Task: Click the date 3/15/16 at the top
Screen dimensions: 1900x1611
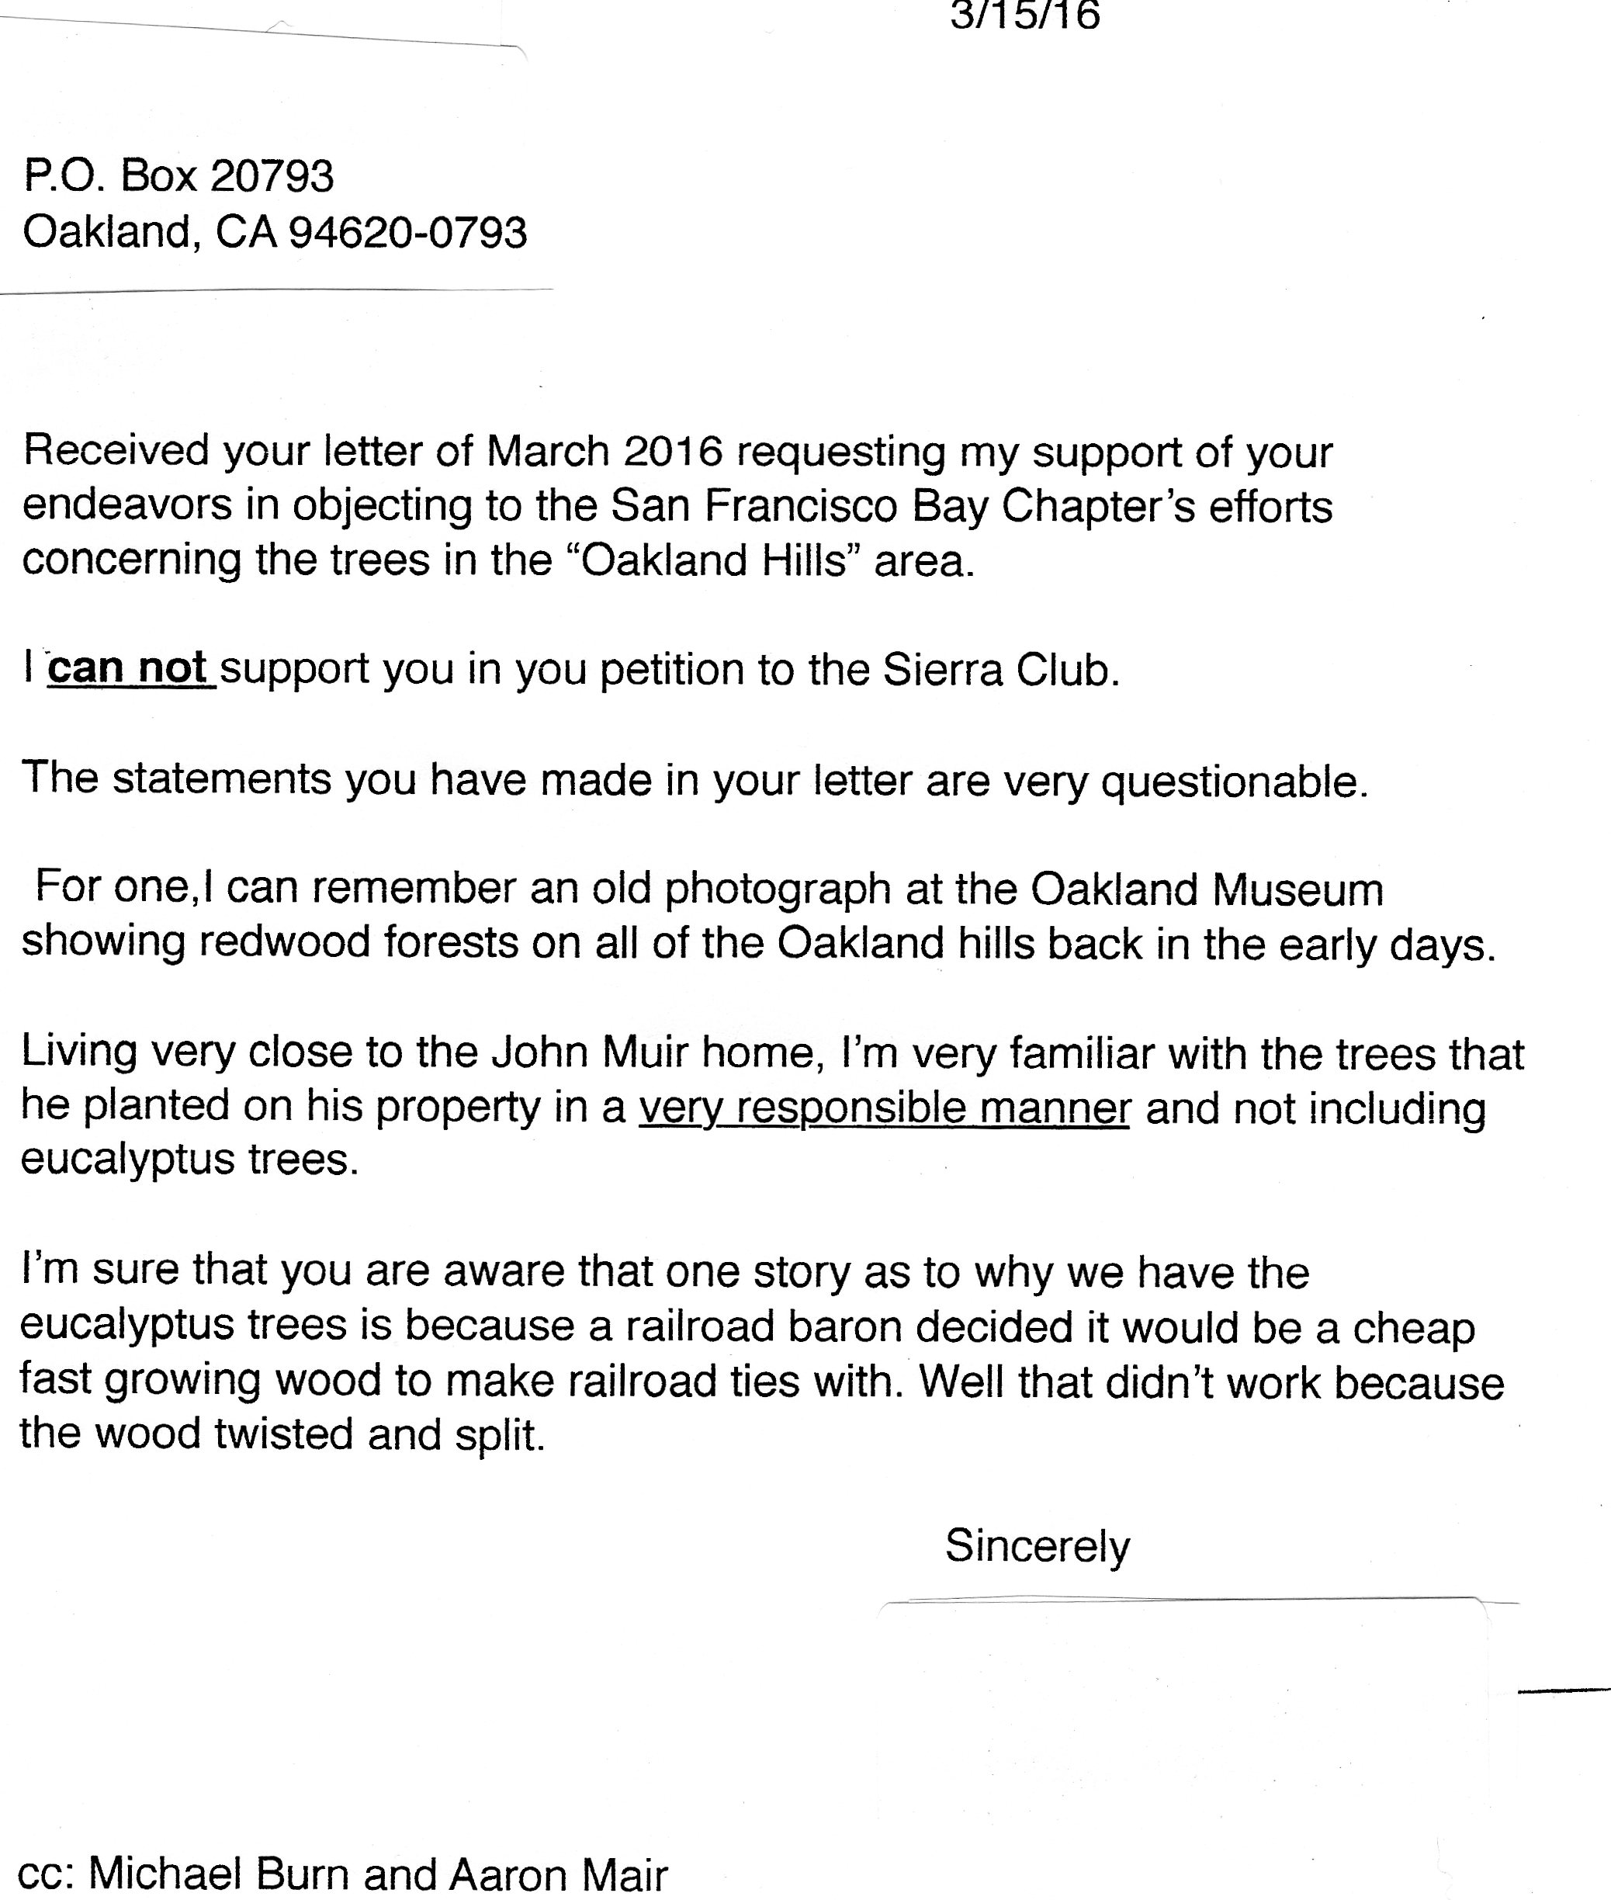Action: click(1024, 16)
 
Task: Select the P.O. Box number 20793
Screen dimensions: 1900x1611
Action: click(272, 175)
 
